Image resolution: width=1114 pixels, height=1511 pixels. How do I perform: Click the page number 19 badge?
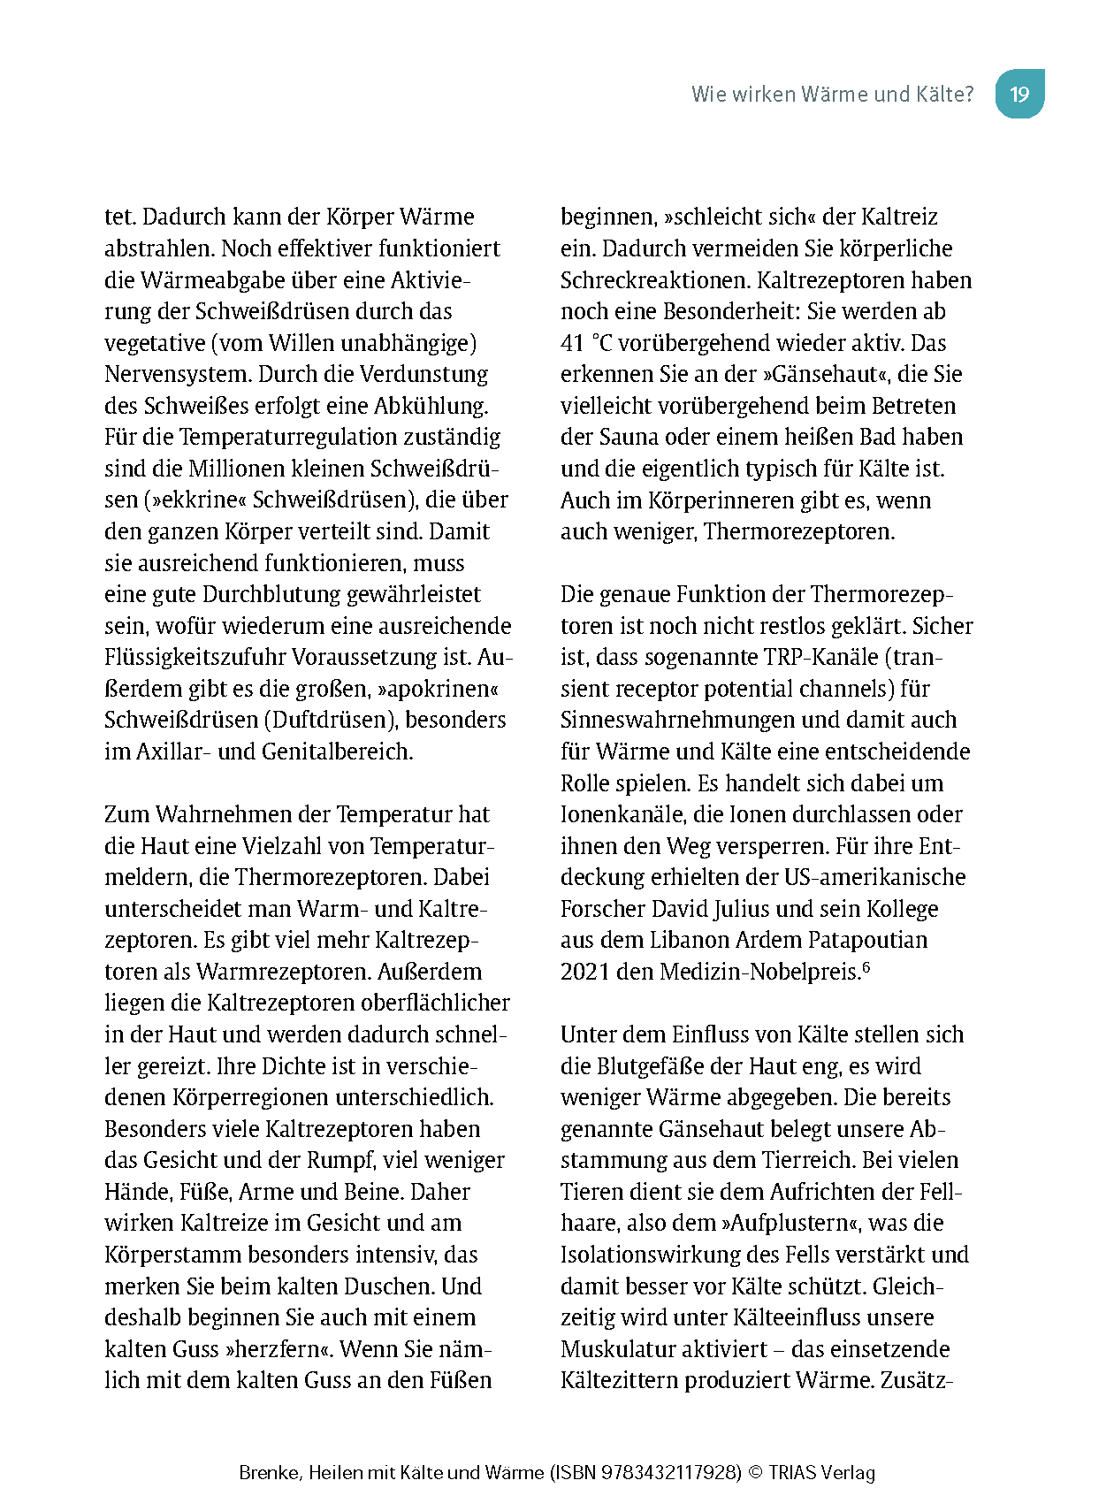(x=1019, y=94)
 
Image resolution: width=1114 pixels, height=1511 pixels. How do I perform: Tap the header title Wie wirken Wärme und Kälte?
(x=832, y=94)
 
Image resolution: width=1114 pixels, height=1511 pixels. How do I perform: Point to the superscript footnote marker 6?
(x=866, y=967)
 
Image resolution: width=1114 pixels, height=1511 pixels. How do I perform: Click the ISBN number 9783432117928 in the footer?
(x=670, y=1473)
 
